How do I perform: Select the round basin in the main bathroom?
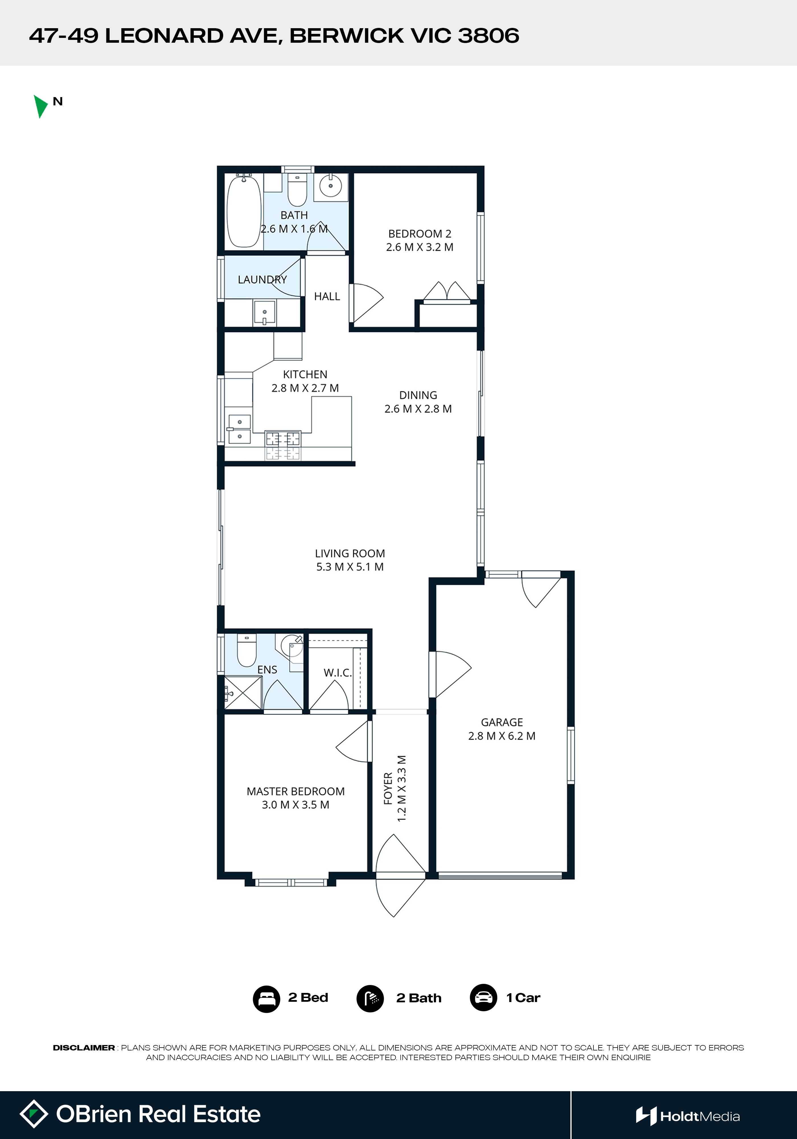tap(330, 186)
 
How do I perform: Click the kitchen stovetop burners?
tap(283, 445)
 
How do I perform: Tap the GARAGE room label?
tap(502, 722)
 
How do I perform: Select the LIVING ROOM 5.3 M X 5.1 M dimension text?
tap(350, 567)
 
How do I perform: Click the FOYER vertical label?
tap(388, 788)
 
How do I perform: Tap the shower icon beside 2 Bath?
tap(370, 999)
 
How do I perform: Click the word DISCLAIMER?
tap(84, 1048)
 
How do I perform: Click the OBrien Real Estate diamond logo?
tap(34, 1114)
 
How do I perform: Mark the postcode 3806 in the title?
tap(488, 36)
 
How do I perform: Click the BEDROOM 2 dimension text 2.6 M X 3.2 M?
tap(420, 247)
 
